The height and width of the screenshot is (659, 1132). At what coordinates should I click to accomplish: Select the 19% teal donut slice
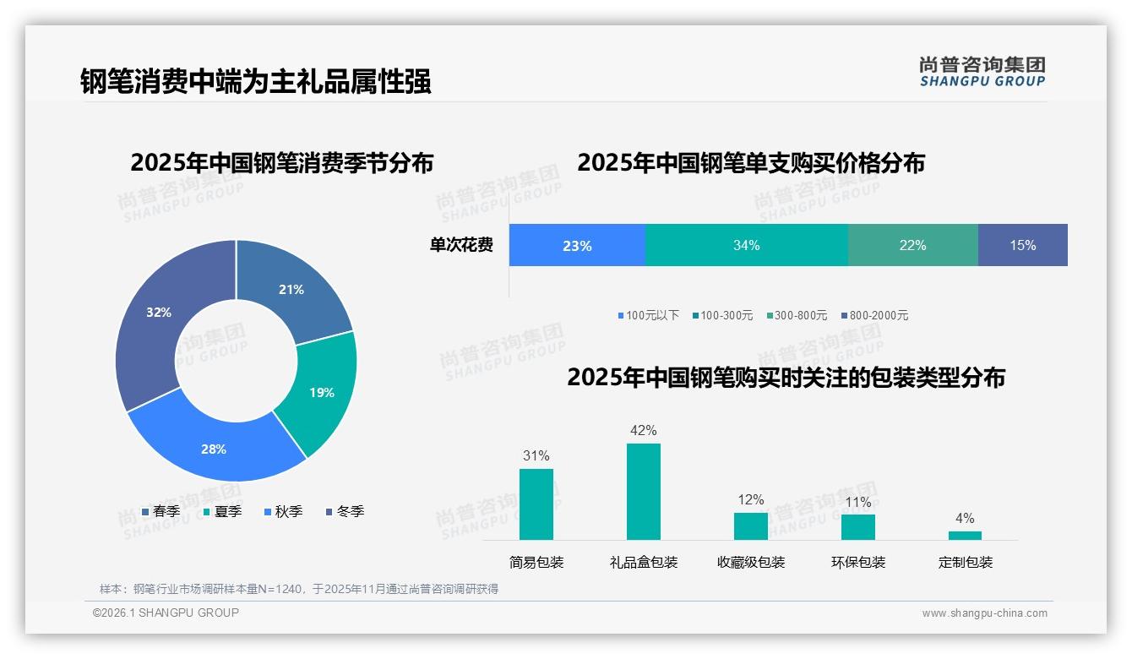(321, 393)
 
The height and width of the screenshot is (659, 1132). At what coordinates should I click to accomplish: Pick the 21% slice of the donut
(291, 289)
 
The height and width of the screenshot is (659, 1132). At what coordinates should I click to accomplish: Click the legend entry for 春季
(161, 511)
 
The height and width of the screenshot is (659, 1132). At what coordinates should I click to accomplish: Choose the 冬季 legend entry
(344, 511)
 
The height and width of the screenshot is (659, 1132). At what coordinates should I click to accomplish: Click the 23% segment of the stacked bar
(577, 245)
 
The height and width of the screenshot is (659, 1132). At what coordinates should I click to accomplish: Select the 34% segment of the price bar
(746, 245)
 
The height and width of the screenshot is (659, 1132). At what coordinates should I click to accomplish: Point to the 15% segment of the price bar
(1022, 245)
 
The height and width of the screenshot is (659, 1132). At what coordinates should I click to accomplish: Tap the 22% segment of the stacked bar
(912, 245)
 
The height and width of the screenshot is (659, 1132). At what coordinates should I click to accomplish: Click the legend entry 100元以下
(648, 315)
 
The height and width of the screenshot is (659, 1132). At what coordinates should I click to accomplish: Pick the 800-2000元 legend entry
(874, 315)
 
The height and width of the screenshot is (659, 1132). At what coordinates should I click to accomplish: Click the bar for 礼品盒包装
(643, 491)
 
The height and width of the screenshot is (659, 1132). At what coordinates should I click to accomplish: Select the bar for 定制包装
(965, 535)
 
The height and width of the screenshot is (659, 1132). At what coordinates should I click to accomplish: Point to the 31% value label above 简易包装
(536, 455)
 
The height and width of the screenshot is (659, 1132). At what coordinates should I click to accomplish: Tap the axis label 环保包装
(857, 562)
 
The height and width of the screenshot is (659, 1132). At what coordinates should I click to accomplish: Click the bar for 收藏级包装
(750, 526)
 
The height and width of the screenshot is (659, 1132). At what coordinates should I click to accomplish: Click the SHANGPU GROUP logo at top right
(982, 71)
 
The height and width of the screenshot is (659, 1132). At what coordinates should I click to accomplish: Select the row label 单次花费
(461, 245)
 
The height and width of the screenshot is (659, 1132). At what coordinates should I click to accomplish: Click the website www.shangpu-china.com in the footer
(984, 613)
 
